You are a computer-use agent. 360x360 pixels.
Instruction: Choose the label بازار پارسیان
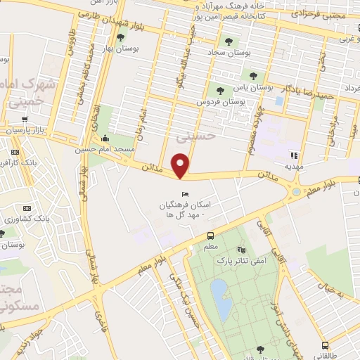(25, 131)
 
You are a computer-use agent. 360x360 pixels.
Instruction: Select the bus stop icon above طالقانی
(325, 345)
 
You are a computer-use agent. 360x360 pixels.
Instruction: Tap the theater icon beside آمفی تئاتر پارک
(241, 249)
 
